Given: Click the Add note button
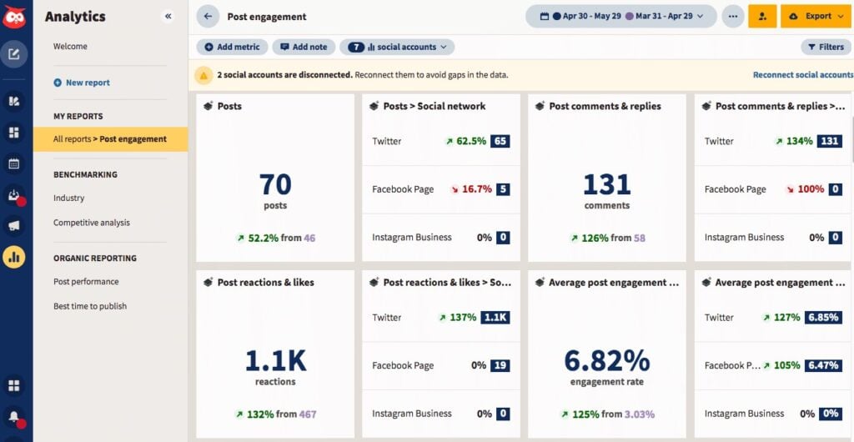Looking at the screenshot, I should click(304, 48).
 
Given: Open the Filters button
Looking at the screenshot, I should click(826, 48).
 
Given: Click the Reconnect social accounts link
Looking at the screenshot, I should click(802, 75).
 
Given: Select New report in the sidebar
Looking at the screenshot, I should click(87, 83).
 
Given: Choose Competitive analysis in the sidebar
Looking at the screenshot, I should click(92, 223).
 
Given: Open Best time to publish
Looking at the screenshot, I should click(90, 306).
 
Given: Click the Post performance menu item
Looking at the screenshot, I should click(86, 282).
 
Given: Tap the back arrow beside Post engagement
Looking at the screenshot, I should click(208, 17).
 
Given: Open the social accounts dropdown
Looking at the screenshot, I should click(397, 48).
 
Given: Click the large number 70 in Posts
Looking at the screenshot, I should click(275, 183).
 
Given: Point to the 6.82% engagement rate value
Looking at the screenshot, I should click(606, 360).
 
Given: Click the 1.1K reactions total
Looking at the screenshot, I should click(275, 360).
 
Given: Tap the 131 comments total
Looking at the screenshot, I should click(606, 183).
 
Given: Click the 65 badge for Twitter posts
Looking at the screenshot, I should click(500, 141).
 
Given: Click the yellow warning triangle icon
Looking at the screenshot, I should click(203, 75).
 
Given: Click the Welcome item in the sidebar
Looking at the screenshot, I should click(70, 47).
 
